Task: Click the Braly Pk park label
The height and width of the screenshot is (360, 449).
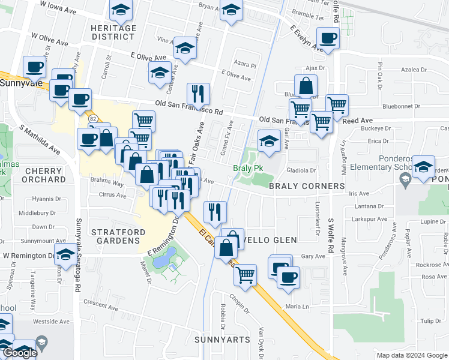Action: [248, 168]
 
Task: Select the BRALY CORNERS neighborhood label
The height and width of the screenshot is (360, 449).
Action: [306, 186]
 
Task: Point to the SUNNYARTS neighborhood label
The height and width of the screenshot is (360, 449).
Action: [222, 340]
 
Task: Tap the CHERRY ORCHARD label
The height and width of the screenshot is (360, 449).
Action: [44, 175]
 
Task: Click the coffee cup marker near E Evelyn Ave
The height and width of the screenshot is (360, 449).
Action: [328, 39]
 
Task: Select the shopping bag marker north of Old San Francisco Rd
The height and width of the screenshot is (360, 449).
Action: [306, 86]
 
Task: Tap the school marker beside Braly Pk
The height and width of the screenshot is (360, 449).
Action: [268, 142]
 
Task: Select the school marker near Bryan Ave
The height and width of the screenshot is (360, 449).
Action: [231, 10]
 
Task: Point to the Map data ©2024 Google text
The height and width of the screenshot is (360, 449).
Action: [412, 355]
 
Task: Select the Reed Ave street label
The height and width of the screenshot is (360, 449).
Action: [358, 121]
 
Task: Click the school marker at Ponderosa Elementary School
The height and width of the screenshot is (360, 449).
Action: [423, 167]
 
